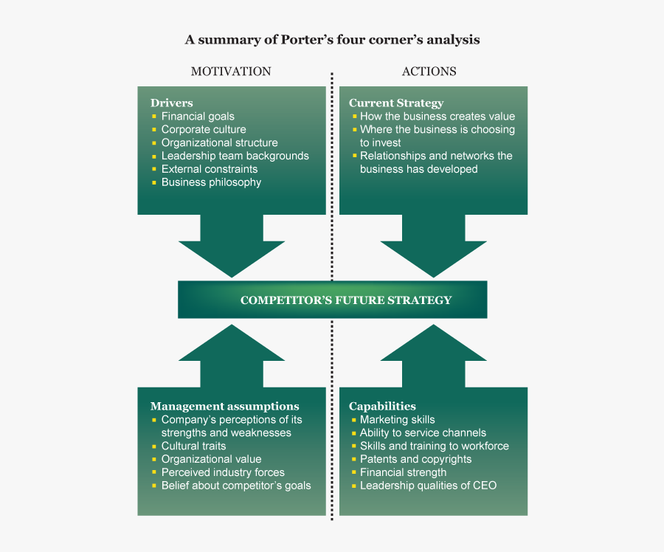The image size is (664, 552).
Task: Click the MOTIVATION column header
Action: tap(231, 72)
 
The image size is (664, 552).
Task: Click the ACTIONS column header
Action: tap(429, 72)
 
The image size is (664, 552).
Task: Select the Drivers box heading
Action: tap(172, 103)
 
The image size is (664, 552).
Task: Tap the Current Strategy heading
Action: tap(395, 103)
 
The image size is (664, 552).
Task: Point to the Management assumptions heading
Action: tap(224, 406)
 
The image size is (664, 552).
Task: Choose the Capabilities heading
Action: tap(382, 406)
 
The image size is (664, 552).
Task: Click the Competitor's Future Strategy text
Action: tap(346, 300)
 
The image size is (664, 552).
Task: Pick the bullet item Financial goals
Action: tap(198, 116)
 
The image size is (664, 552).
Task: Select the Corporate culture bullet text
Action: tap(204, 129)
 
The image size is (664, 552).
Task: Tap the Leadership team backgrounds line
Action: tap(235, 156)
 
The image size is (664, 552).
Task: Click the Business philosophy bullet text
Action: tap(211, 182)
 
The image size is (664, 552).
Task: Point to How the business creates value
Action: tap(438, 116)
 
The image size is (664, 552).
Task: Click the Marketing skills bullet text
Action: tap(397, 419)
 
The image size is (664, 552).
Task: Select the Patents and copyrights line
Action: tap(415, 459)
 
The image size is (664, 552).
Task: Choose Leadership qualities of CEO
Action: tap(428, 486)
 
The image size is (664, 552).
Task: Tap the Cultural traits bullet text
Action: tap(193, 446)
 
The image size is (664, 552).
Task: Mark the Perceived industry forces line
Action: tap(223, 472)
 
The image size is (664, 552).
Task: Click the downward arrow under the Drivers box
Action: tap(232, 247)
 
